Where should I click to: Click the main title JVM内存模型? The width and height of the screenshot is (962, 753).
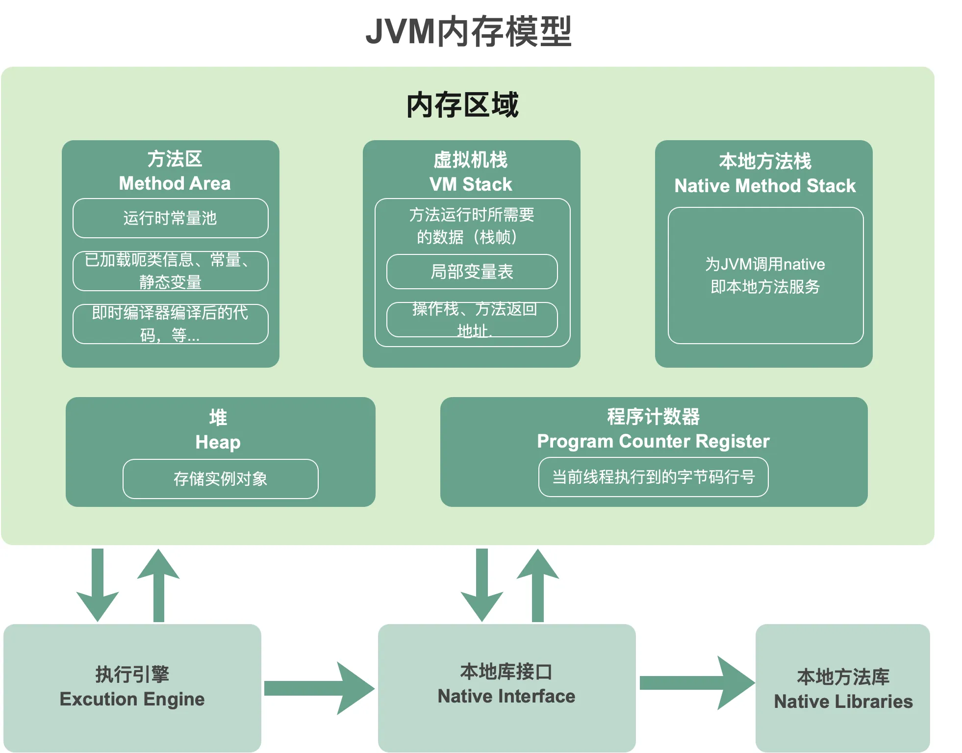469,31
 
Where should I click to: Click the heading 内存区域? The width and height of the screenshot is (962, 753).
462,104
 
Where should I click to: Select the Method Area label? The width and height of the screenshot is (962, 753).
175,183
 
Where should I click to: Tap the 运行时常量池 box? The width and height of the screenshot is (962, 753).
171,218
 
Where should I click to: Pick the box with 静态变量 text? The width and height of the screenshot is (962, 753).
171,271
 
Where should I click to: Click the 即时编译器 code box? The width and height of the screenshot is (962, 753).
171,324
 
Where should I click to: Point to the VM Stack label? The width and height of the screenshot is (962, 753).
471,184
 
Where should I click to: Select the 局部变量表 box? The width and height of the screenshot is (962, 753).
472,272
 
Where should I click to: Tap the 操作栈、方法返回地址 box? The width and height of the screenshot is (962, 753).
472,320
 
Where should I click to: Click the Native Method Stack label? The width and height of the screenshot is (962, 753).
765,186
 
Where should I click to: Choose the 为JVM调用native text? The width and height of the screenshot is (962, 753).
765,264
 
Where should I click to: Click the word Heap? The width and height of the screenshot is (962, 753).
218,443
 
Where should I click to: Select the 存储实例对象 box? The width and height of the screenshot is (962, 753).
221,479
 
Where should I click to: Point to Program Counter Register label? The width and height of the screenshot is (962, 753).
653,442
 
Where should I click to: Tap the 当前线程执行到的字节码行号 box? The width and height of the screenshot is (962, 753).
654,477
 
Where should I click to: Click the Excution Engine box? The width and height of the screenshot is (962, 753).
132,688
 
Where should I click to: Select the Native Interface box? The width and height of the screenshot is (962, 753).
507,688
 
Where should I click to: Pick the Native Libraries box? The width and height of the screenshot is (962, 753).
843,688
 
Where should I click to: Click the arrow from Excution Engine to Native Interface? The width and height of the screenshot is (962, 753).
320,688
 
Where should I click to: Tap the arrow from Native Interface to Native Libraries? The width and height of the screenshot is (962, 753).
698,683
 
